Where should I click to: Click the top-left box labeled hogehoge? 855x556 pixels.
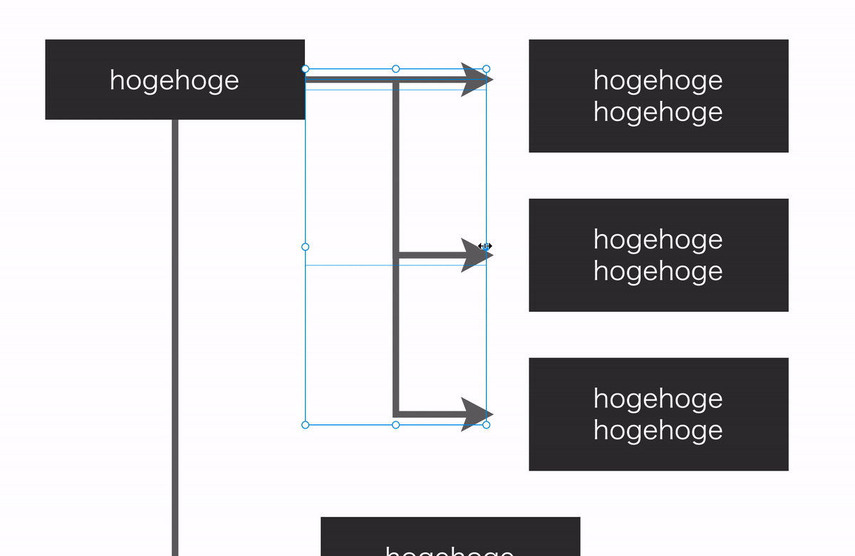175,79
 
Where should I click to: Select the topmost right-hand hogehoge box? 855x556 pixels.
658,95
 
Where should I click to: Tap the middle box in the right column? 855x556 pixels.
658,255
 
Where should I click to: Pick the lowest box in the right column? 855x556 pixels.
658,414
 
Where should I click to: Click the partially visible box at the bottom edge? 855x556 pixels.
450,537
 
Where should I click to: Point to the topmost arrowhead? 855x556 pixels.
475,79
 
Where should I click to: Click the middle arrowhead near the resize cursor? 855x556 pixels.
473,255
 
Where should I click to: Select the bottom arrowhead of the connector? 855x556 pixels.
475,414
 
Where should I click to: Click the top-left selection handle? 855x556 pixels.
306,69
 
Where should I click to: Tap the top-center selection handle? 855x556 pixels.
396,69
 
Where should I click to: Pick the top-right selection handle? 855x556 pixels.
487,69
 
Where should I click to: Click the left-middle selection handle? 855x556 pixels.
306,247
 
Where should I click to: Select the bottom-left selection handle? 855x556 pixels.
306,425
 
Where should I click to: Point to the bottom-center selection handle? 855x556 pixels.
396,425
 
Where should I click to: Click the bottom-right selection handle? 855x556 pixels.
487,425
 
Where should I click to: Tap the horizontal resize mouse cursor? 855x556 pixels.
485,246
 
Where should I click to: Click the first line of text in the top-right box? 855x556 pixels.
658,80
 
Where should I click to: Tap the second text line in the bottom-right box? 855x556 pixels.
658,430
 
